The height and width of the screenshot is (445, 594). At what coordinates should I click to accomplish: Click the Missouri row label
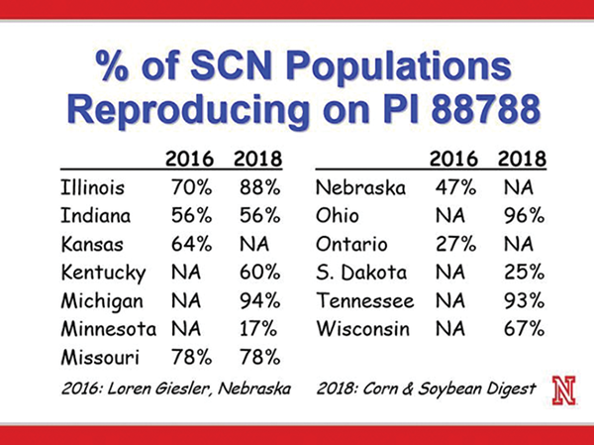tap(102, 355)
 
